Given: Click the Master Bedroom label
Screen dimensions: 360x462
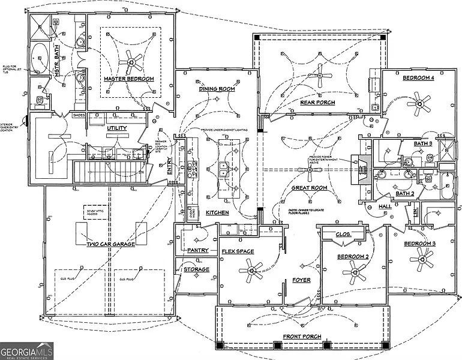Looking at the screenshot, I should point(128,79).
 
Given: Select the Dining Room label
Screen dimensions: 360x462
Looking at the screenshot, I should point(217,89).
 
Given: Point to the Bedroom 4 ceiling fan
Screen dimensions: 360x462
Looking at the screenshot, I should point(418,103).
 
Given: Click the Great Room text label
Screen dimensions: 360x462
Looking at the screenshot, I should point(309,188).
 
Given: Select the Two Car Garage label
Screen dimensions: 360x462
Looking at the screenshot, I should point(110,244).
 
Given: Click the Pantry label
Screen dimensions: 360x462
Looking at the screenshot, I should point(197,250).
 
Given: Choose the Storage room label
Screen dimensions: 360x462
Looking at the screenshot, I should point(196,269).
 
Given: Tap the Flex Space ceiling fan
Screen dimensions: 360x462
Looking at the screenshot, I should point(251,273).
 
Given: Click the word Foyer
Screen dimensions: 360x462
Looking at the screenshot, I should point(301,280).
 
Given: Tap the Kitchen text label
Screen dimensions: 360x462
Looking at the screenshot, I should point(217,213).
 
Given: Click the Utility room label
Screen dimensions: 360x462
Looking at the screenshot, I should point(116,128).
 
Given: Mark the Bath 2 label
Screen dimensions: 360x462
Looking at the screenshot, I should point(404,193).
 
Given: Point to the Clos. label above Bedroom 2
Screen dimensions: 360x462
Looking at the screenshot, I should point(343,234).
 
